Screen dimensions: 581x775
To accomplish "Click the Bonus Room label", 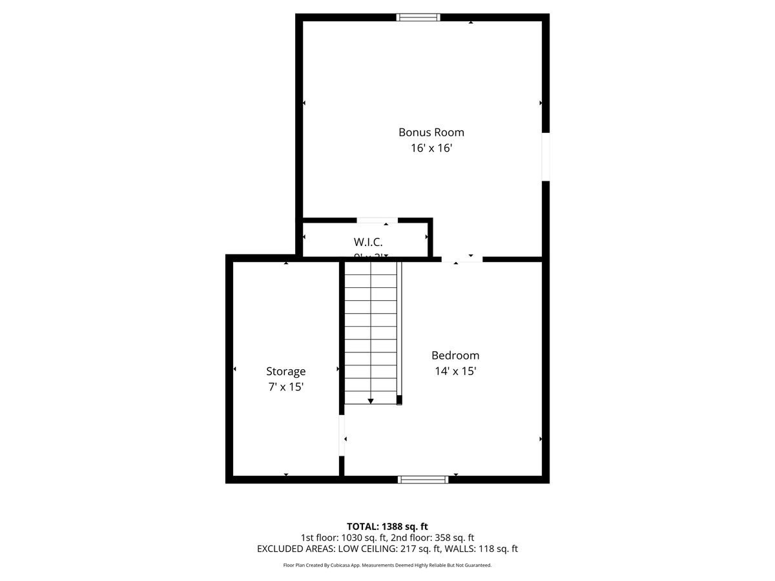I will tap(431, 132).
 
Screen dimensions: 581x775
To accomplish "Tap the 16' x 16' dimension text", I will tap(431, 148).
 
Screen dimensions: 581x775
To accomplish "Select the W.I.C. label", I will tap(368, 242).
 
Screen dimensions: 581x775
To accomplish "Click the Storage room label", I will tap(285, 371).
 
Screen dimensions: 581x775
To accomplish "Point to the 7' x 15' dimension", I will tap(285, 387).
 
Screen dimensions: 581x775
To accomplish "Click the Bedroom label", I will tap(455, 355).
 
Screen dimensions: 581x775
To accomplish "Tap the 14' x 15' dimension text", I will tap(455, 371).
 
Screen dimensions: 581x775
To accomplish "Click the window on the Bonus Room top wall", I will tap(418, 17).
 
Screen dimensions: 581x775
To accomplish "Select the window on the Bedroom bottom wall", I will tap(423, 479).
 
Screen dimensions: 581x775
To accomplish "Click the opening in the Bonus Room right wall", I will tap(546, 157).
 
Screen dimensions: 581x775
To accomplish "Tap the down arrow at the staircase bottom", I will tap(371, 401).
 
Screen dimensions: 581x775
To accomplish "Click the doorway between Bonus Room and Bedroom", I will tap(462, 259).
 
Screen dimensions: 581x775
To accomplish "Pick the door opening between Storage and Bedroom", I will tap(342, 435).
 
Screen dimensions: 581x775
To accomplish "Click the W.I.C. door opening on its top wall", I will tap(377, 221).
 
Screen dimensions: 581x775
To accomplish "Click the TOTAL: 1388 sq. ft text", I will tap(387, 526).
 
